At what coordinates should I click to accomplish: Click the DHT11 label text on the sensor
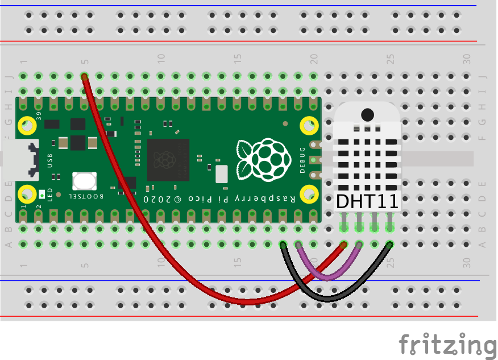367,201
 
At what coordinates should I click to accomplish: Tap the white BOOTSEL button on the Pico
84,181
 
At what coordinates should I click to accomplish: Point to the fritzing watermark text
447,344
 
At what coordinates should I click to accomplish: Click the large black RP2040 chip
168,159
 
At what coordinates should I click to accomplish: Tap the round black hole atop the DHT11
367,114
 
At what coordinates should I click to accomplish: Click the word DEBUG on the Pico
302,160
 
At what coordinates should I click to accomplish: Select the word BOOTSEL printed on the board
86,196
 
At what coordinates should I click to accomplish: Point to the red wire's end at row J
84,76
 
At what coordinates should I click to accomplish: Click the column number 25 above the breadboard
390,58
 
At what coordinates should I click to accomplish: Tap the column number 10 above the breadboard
161,58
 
